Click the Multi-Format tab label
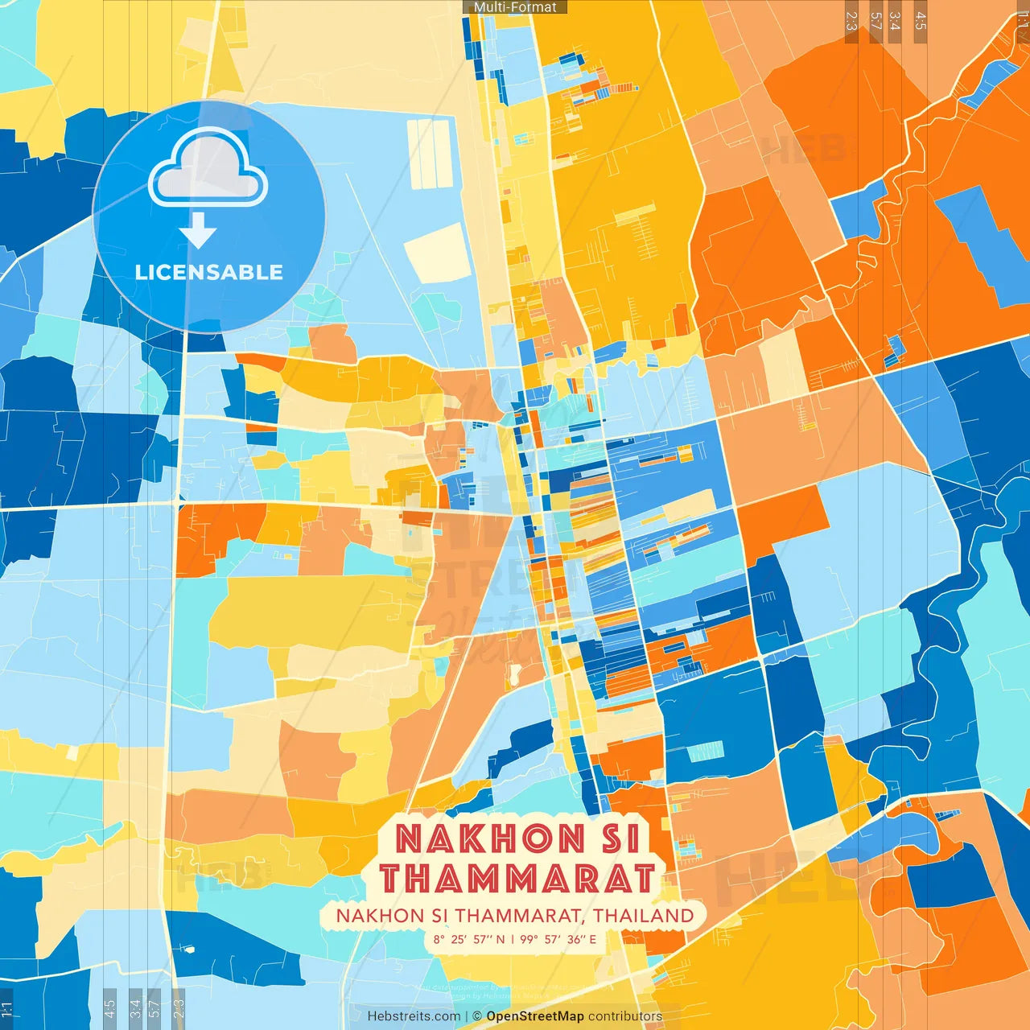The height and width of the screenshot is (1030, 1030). tap(515, 7)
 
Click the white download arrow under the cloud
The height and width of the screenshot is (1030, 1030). tap(198, 230)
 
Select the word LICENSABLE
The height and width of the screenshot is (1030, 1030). tap(208, 272)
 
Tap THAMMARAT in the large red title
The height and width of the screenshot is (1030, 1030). tap(517, 878)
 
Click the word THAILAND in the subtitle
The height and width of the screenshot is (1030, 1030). tap(644, 916)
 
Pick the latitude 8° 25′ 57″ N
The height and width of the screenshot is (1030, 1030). tap(468, 939)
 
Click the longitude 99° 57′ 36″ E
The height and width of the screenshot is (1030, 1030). tap(558, 939)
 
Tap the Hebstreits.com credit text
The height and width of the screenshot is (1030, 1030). tap(414, 1016)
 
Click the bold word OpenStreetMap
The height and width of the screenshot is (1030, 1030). tap(534, 1016)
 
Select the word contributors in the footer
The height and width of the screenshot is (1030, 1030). tap(625, 1016)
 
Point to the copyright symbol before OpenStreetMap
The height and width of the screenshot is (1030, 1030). tap(476, 1016)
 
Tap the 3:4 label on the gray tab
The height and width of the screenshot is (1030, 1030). tap(135, 1007)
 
